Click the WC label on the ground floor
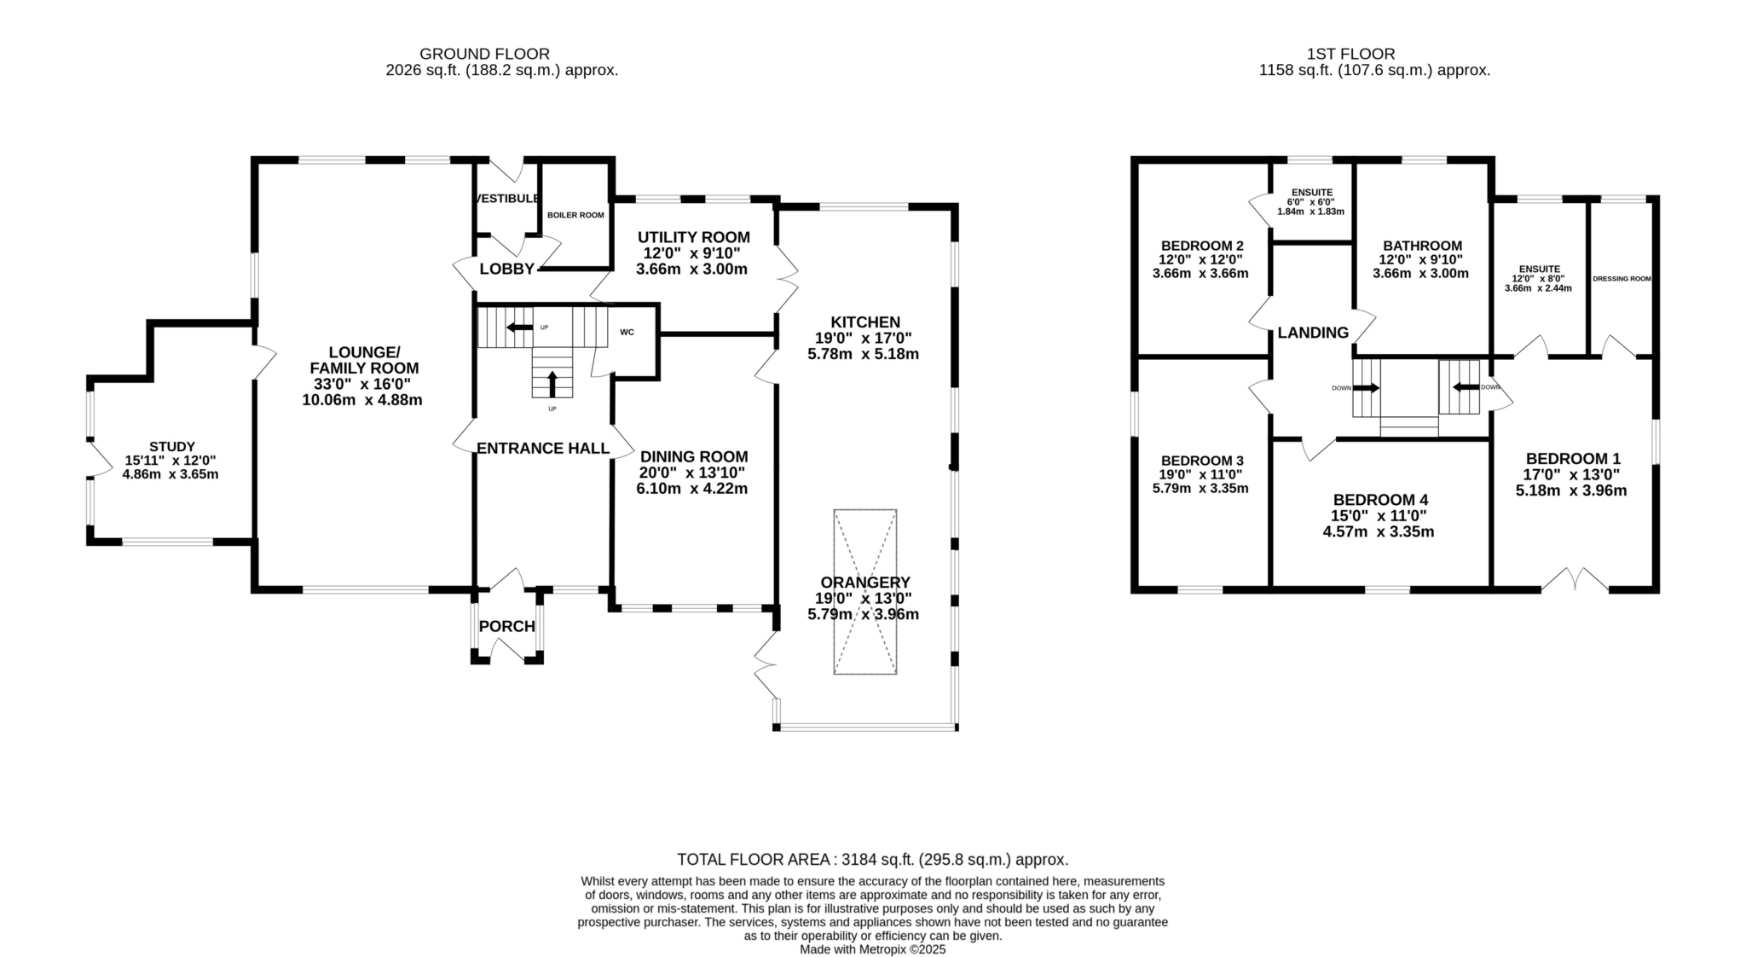627,332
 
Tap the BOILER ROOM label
575,215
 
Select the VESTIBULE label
508,199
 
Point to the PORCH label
507,626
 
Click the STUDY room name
172,446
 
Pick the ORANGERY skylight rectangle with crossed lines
865,592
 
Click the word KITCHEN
865,322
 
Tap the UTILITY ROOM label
694,237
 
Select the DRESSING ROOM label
1622,279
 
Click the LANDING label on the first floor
1313,333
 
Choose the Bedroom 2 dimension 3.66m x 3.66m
1200,274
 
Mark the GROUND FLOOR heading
485,54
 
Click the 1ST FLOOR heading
1375,54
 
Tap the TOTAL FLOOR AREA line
873,860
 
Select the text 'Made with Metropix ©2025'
873,949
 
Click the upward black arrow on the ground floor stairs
552,384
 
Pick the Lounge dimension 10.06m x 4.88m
362,400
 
